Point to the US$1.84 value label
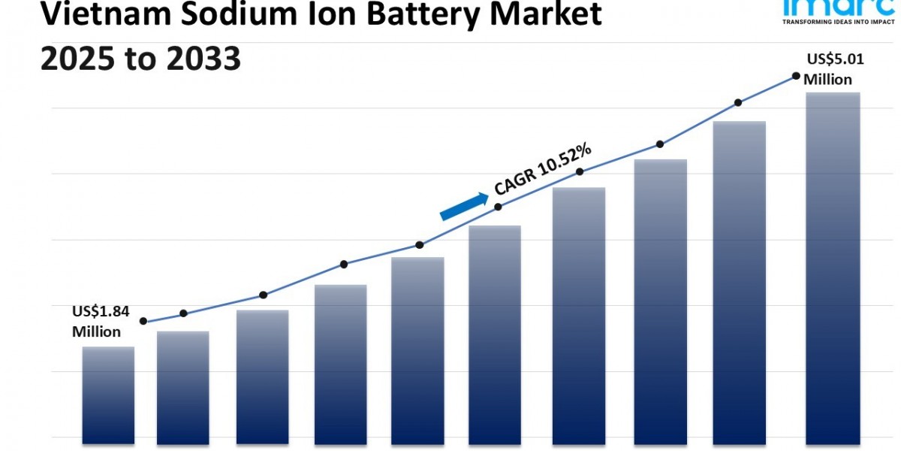[x=101, y=311]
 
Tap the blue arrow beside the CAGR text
[x=464, y=205]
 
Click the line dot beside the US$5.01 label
[x=795, y=76]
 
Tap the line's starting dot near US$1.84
[x=143, y=321]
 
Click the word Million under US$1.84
[x=96, y=331]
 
